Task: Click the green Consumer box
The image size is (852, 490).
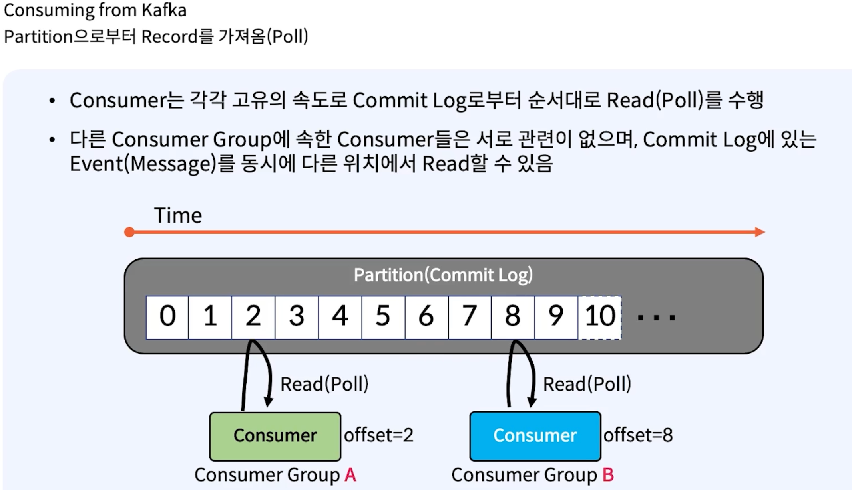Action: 275,436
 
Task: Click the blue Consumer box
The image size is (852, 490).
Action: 535,436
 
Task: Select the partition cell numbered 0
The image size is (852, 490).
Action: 167,317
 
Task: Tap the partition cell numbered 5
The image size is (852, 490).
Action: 383,317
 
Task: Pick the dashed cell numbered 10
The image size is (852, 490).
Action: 599,317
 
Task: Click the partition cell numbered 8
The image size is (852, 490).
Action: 513,317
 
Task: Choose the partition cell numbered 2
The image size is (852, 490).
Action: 253,317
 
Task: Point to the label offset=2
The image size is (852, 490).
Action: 378,435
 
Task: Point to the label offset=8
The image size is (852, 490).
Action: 638,435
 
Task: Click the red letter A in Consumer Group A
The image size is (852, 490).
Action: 350,475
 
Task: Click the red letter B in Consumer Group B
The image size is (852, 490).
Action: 608,475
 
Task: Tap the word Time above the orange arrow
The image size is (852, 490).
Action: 178,215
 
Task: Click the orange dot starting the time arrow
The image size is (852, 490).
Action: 129,232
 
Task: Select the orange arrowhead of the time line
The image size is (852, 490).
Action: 759,232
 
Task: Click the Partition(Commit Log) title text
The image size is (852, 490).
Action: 443,275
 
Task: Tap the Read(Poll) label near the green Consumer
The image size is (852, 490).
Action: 324,384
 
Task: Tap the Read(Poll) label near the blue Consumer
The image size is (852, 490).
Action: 587,384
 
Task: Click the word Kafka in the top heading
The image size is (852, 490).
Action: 164,10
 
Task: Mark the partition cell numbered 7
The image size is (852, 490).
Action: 470,317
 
